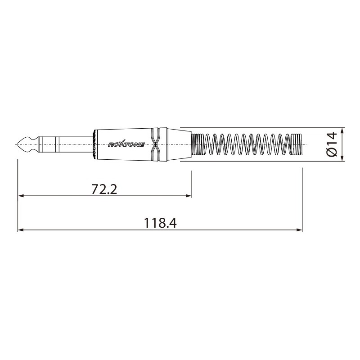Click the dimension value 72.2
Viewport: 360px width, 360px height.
click(x=104, y=189)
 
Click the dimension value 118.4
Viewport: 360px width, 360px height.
click(x=160, y=223)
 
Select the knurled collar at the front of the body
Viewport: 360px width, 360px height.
click(x=94, y=144)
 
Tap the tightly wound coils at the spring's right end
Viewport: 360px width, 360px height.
click(x=297, y=144)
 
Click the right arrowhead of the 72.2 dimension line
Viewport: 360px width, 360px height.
click(x=189, y=196)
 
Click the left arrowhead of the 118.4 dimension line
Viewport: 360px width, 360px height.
click(x=20, y=230)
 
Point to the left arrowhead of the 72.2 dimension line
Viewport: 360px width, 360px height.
click(x=20, y=196)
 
